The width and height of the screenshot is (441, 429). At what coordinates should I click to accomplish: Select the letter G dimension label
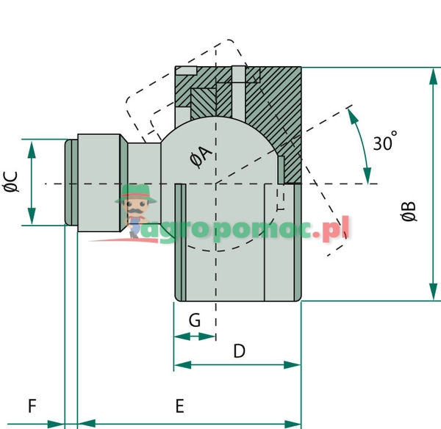point(194,320)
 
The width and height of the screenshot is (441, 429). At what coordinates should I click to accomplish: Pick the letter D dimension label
point(238,351)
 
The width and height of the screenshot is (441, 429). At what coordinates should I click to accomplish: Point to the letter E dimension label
point(179,405)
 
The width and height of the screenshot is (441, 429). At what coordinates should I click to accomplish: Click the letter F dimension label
point(32,405)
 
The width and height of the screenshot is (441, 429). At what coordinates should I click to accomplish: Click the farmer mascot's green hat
point(136,194)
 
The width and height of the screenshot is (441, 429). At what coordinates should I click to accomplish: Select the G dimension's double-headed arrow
point(194,336)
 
